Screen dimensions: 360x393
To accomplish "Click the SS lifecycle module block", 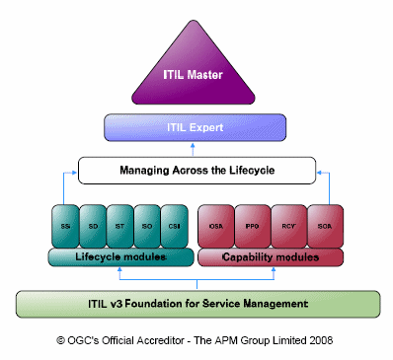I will coord(64,225).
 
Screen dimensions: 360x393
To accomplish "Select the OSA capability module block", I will coord(215,225).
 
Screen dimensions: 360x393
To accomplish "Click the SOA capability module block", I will coord(323,225).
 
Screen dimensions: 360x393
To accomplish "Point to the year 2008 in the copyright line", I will coord(318,340).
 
